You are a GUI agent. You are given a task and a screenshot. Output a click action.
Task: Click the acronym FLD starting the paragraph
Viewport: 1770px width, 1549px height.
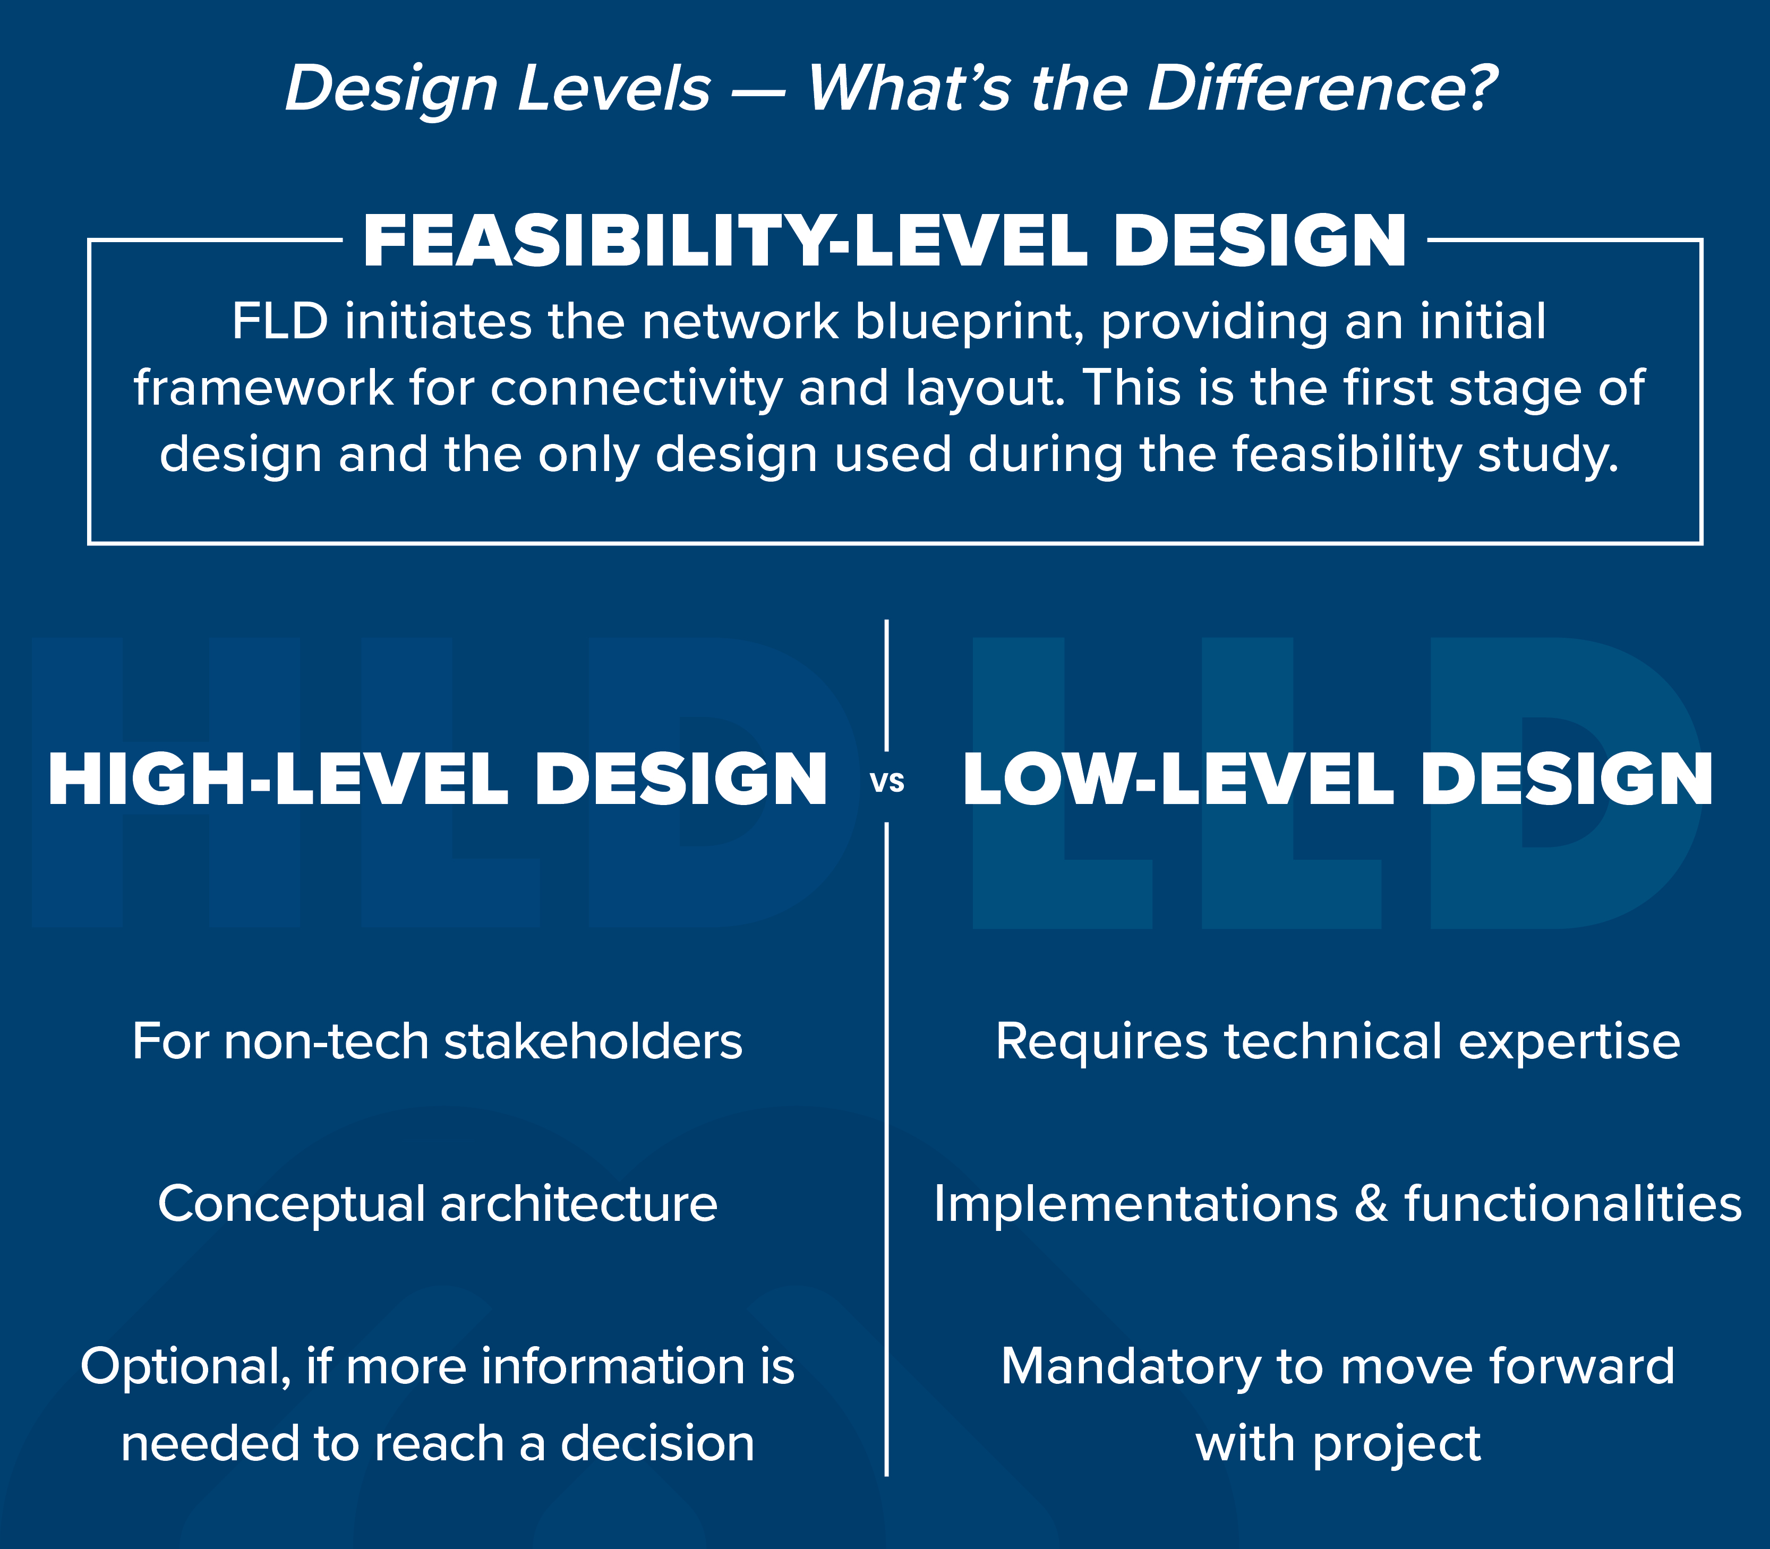(279, 322)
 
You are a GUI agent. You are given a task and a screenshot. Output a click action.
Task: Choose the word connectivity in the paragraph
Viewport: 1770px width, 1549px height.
(636, 388)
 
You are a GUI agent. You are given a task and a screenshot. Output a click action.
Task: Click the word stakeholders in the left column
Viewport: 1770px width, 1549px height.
(593, 1041)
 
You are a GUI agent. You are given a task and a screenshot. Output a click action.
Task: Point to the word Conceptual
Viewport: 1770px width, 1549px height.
(291, 1204)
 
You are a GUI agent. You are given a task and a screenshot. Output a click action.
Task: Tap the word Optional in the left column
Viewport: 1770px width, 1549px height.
(185, 1367)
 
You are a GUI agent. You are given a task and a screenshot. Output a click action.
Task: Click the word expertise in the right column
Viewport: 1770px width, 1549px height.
(1569, 1041)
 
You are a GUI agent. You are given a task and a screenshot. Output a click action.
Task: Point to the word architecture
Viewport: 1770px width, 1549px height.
(578, 1204)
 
